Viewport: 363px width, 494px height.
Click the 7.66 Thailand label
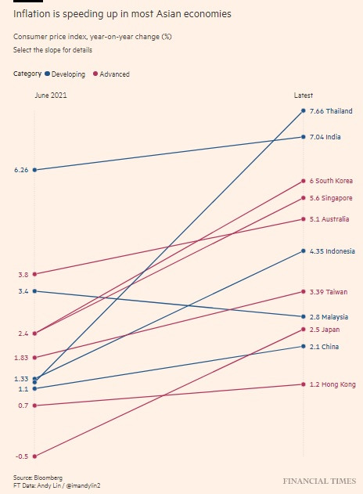pyautogui.click(x=331, y=111)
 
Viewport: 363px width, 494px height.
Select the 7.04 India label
pyautogui.click(x=325, y=137)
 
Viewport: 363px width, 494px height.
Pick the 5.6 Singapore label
pyautogui.click(x=331, y=198)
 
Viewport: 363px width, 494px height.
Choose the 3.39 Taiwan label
pyautogui.click(x=329, y=292)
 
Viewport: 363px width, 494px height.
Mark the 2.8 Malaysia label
pyautogui.click(x=329, y=317)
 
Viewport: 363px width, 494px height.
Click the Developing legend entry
pyautogui.click(x=68, y=74)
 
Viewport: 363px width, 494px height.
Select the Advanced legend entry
pyautogui.click(x=111, y=74)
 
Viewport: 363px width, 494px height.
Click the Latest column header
pyautogui.click(x=303, y=95)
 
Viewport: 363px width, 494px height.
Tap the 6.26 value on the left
pyautogui.click(x=21, y=170)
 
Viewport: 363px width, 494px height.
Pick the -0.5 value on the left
pyautogui.click(x=22, y=456)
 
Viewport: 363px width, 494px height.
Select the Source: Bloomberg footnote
pyautogui.click(x=38, y=477)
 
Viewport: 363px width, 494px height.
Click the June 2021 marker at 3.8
pyautogui.click(x=34, y=274)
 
